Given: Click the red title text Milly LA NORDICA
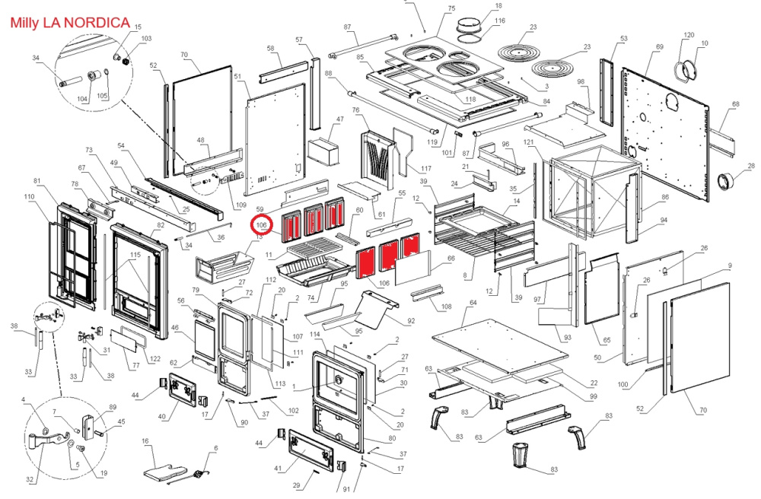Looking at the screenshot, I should point(70,23).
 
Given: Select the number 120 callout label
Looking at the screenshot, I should point(689,35).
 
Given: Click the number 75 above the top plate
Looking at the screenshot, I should point(451,8).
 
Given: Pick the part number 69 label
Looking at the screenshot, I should point(659,46).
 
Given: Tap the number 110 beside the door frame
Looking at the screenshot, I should point(30,198).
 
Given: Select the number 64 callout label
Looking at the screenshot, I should point(473,303).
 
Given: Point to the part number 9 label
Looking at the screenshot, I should point(729,265).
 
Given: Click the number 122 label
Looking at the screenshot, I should point(154,359).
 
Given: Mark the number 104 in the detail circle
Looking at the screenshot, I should point(83,97).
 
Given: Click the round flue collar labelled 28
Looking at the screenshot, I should point(729,183).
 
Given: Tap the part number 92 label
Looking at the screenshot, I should point(411,322).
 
